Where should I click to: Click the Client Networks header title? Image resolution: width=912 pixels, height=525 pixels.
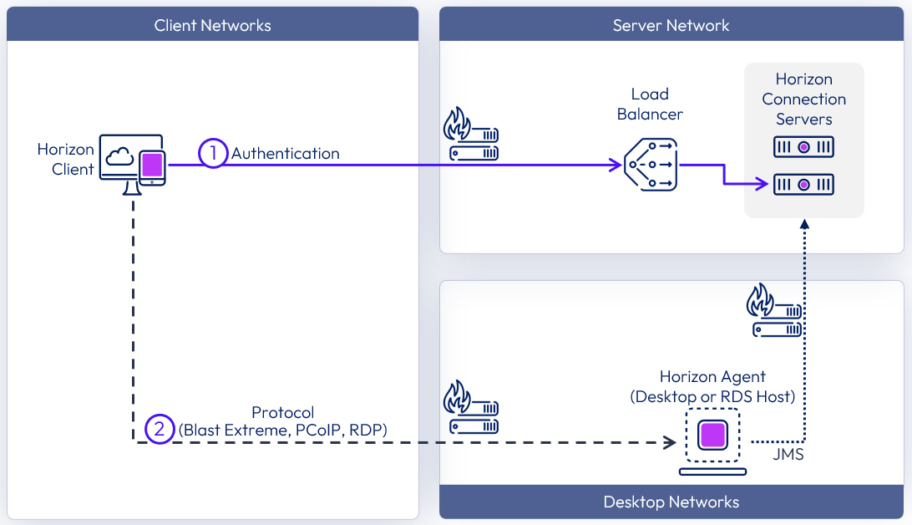click(212, 25)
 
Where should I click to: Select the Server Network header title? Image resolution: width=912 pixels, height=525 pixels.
click(671, 25)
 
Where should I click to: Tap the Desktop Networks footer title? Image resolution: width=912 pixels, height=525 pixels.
click(671, 502)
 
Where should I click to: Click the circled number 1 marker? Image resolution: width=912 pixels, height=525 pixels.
click(213, 153)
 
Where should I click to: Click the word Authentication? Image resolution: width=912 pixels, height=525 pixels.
click(286, 154)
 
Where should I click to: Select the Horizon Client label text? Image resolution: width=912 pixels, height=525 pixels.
click(66, 160)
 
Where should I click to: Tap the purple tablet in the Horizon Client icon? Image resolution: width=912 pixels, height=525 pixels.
click(152, 166)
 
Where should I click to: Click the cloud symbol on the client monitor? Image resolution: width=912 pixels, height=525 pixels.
click(120, 155)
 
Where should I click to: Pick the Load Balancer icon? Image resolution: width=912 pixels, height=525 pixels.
click(651, 165)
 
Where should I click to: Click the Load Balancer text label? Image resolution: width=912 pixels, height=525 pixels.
click(650, 104)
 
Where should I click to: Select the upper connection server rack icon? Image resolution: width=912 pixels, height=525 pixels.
click(803, 147)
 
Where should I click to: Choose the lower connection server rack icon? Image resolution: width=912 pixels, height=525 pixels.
click(803, 184)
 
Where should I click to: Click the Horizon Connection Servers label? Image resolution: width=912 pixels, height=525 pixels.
click(803, 99)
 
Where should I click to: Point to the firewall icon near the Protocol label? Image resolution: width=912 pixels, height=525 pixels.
click(470, 407)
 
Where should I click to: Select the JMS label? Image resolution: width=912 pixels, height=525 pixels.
click(788, 456)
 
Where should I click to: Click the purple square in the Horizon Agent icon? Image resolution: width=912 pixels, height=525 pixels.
click(712, 435)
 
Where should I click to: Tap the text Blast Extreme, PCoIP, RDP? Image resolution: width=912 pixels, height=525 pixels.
click(283, 431)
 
